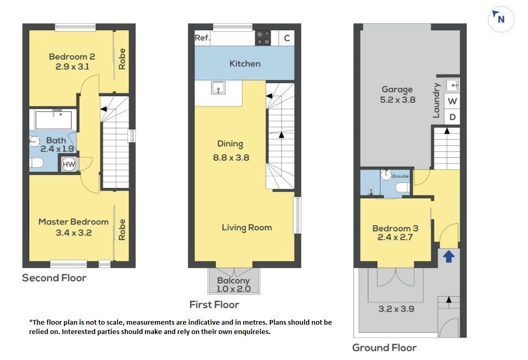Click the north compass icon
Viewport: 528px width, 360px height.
tap(501, 19)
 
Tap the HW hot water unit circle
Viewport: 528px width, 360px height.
tap(69, 165)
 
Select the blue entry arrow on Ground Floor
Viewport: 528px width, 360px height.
tap(448, 256)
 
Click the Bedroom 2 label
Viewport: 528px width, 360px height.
tap(72, 57)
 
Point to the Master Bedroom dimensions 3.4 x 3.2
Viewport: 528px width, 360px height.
tap(74, 233)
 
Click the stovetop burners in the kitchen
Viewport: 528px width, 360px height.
tap(262, 38)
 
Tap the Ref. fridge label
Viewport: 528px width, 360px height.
tap(202, 38)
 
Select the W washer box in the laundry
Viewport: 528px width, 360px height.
tap(452, 101)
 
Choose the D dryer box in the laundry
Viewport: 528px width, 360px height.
tap(452, 117)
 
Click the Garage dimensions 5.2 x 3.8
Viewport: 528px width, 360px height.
tap(398, 100)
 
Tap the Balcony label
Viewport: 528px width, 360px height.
tap(233, 281)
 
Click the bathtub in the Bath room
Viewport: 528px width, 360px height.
tap(53, 120)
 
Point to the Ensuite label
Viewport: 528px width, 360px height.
tap(400, 176)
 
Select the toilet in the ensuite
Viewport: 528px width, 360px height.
tap(402, 188)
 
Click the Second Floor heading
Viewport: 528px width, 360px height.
tap(54, 278)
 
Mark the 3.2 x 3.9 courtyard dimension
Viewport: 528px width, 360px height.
tap(397, 309)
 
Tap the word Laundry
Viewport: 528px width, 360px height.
tap(436, 100)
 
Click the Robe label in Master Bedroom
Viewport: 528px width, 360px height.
tap(122, 230)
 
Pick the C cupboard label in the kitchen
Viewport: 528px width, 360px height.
tap(287, 38)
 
